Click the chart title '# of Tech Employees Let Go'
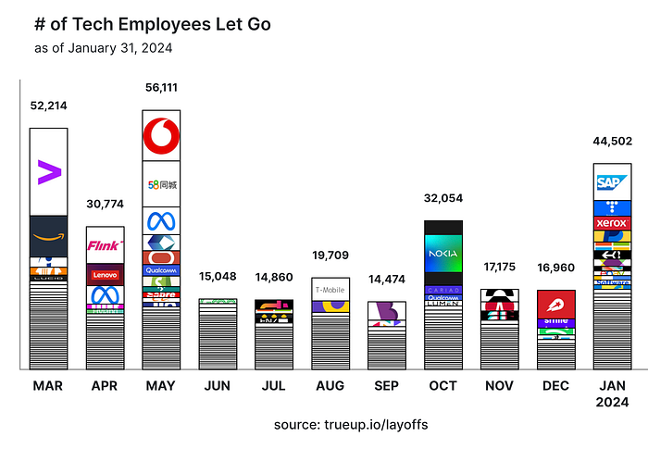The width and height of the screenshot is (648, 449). click(152, 24)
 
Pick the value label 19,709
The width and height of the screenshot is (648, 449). click(330, 256)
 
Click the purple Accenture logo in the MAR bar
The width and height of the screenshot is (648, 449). click(48, 171)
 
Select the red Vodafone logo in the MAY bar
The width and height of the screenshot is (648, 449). click(161, 137)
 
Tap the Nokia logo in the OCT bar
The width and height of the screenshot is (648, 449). click(443, 253)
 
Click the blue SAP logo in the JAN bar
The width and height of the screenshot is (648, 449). click(612, 182)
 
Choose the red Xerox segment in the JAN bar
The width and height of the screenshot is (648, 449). click(612, 223)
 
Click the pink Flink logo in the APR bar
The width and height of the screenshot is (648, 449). click(105, 245)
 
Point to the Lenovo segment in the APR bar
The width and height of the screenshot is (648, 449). click(105, 275)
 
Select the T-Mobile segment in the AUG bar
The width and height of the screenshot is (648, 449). click(330, 289)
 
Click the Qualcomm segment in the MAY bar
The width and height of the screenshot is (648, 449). click(161, 270)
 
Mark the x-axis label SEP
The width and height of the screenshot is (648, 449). click(387, 385)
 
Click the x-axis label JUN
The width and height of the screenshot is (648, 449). click(218, 385)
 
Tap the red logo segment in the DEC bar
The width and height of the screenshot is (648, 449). click(556, 304)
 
